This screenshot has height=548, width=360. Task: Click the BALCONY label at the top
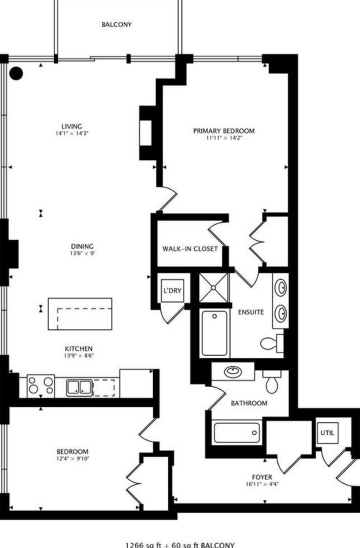[117, 24]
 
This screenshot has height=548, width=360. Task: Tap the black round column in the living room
[16, 74]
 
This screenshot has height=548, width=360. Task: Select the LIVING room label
[71, 126]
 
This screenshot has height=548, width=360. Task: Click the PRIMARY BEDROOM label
[224, 131]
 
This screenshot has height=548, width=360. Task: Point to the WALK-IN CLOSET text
[190, 249]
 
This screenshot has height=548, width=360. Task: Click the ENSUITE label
[251, 312]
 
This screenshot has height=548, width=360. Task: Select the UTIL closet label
[327, 433]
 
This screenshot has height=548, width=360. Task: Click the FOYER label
[262, 477]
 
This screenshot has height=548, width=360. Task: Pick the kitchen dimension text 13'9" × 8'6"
[79, 356]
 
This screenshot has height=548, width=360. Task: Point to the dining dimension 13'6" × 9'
[82, 253]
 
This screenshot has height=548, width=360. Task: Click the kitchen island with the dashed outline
[80, 314]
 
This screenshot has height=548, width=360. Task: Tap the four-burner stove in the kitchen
[41, 386]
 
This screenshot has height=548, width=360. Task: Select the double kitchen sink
[79, 388]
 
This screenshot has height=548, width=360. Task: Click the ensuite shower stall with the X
[213, 288]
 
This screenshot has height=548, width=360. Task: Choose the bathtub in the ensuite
[214, 333]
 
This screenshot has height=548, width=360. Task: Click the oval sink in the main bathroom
[233, 371]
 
